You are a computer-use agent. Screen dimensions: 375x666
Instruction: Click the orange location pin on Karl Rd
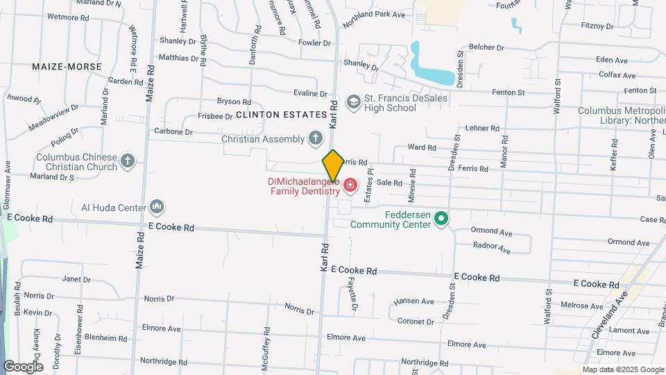click(333, 165)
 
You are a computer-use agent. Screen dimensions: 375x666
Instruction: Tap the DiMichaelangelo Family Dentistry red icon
click(349, 185)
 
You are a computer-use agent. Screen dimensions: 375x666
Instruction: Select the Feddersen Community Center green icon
click(440, 219)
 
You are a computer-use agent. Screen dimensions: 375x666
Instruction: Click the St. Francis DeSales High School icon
click(354, 103)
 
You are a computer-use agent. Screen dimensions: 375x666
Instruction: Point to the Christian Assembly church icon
click(316, 139)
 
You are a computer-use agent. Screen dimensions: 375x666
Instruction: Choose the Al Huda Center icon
click(157, 207)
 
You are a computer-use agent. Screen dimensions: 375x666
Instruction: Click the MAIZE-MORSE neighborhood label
click(67, 67)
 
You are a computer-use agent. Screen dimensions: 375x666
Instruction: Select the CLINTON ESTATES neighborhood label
click(281, 114)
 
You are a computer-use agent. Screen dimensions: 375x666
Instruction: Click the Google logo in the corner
click(23, 366)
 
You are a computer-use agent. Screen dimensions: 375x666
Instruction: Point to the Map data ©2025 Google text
click(622, 369)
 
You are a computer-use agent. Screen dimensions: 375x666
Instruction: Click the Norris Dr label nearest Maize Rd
click(159, 299)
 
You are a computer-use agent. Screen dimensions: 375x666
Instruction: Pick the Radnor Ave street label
click(490, 247)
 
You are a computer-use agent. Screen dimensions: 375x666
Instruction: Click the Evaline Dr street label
click(309, 93)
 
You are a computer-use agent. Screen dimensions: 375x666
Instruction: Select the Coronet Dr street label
click(416, 322)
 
